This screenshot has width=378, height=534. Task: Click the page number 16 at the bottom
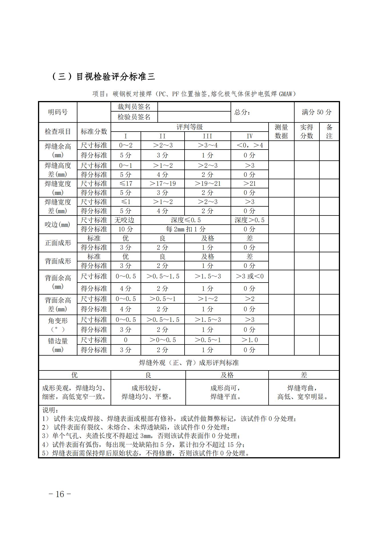pyautogui.click(x=60, y=494)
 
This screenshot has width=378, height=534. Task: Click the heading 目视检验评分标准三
pyautogui.click(x=103, y=76)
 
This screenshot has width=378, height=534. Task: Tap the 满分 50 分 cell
pyautogui.click(x=317, y=112)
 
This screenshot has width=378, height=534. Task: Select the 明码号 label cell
pyautogui.click(x=58, y=112)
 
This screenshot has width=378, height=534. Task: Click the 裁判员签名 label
pyautogui.click(x=134, y=107)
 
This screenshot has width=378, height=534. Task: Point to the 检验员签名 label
pyautogui.click(x=134, y=117)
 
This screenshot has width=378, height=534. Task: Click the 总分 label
pyautogui.click(x=242, y=112)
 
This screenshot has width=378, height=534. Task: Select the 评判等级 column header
pyautogui.click(x=189, y=127)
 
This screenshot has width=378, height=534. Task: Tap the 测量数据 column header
pyautogui.click(x=281, y=132)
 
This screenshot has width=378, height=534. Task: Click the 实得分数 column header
pyautogui.click(x=307, y=132)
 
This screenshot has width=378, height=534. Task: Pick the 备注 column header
pyautogui.click(x=329, y=132)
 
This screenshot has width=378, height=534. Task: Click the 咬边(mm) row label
pyautogui.click(x=58, y=225)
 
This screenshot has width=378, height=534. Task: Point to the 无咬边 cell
pyautogui.click(x=125, y=220)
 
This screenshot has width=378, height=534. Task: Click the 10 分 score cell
pyautogui.click(x=125, y=229)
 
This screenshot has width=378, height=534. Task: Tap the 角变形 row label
pyautogui.click(x=58, y=325)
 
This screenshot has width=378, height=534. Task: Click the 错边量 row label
pyautogui.click(x=58, y=345)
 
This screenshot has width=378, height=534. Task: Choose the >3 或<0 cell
pyautogui.click(x=249, y=276)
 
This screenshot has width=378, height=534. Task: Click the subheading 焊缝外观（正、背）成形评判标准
pyautogui.click(x=189, y=363)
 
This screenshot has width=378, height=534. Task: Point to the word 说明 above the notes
pyautogui.click(x=50, y=410)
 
